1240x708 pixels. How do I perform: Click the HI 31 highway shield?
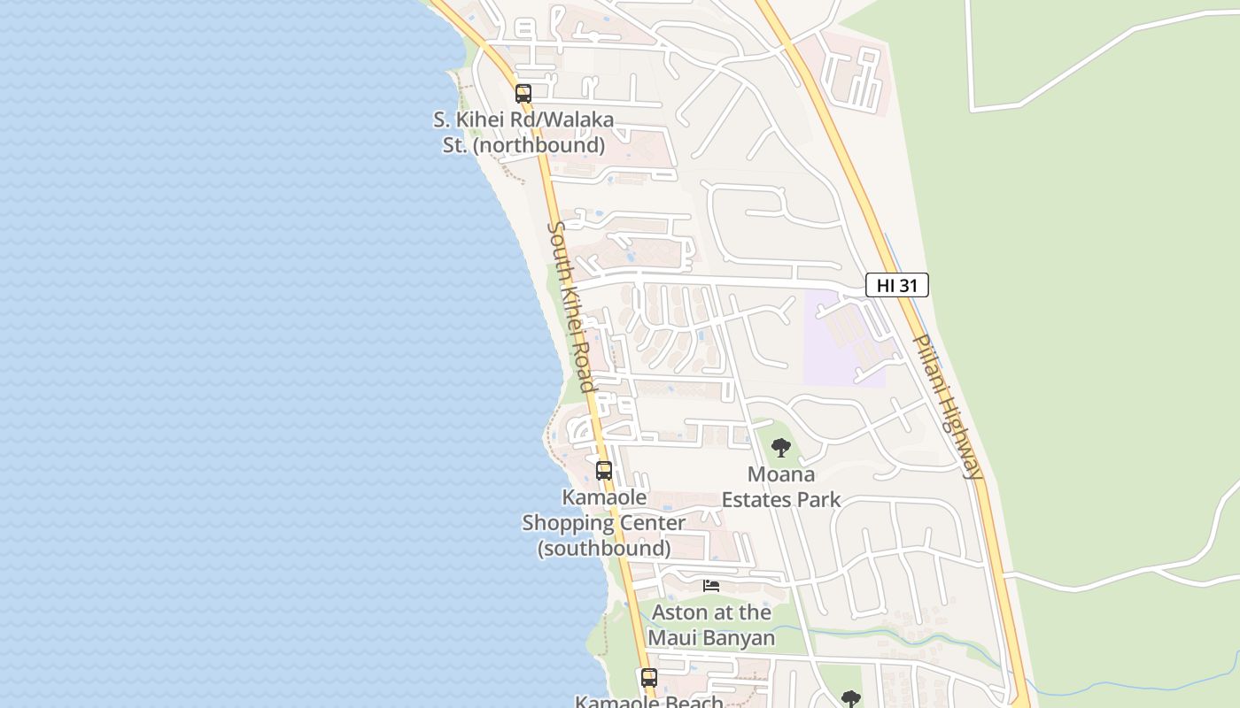point(896,285)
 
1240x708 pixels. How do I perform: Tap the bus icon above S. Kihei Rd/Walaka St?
point(523,93)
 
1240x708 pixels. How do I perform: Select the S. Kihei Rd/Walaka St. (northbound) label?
point(523,132)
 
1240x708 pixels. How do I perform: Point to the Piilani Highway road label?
point(948,406)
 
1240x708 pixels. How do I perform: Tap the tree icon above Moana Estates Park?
point(780,448)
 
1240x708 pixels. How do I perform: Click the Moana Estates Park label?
point(781,487)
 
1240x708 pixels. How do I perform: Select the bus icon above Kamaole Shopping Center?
point(604,471)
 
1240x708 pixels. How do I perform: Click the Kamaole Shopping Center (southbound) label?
point(603,523)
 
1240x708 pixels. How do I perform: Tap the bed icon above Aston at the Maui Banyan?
point(711,585)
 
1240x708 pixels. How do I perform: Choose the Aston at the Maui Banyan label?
point(711,624)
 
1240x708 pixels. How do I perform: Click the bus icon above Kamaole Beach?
point(649,678)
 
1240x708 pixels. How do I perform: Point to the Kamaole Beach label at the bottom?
point(649,702)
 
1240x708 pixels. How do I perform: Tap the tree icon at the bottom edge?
point(850,699)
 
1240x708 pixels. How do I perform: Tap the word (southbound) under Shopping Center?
point(604,549)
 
